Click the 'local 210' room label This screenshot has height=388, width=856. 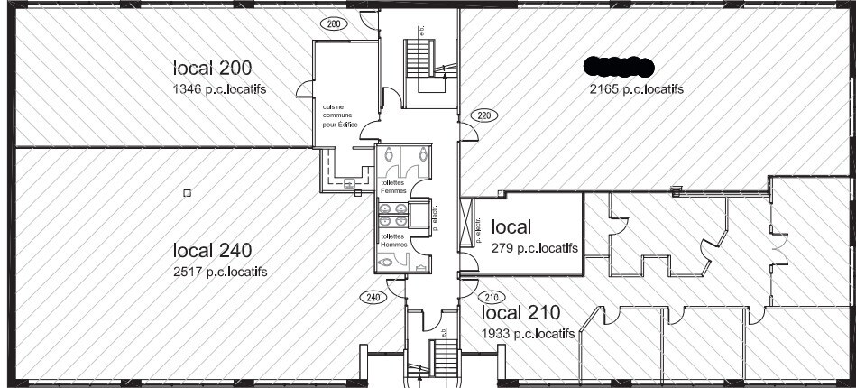tap(521, 313)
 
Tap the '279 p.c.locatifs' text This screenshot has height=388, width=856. tap(534, 247)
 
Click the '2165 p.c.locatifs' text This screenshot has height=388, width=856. tap(636, 88)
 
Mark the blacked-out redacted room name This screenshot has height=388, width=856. tap(619, 64)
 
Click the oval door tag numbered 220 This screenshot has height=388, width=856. tap(483, 115)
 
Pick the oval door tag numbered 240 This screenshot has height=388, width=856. tap(372, 297)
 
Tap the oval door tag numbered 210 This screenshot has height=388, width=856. tap(492, 297)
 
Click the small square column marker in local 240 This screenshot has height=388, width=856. tap(187, 192)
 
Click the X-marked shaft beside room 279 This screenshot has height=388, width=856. tap(467, 223)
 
